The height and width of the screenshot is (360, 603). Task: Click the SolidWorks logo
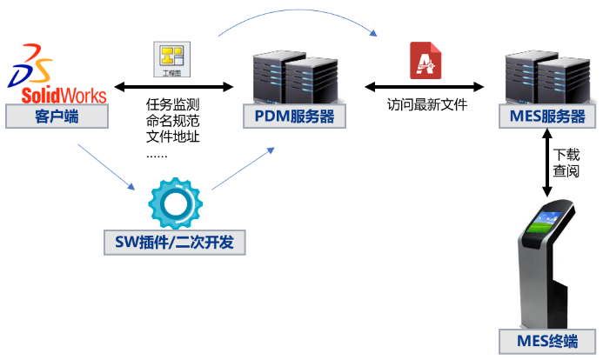pyautogui.click(x=57, y=73)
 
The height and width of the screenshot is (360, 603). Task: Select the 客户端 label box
pyautogui.click(x=57, y=117)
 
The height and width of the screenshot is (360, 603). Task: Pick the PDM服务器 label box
pyautogui.click(x=294, y=117)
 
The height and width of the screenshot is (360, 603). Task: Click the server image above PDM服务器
pyautogui.click(x=294, y=77)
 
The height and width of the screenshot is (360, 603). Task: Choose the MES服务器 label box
pyautogui.click(x=547, y=117)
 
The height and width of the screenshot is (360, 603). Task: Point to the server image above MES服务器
pyautogui.click(x=547, y=77)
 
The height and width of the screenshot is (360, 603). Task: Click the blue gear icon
pyautogui.click(x=175, y=203)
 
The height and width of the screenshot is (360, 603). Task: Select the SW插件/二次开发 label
pyautogui.click(x=174, y=243)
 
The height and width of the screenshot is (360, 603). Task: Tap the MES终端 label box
pyautogui.click(x=547, y=341)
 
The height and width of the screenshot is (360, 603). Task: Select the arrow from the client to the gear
pyautogui.click(x=106, y=167)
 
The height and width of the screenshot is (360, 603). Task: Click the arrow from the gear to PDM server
pyautogui.click(x=243, y=169)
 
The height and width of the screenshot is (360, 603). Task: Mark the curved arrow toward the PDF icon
pyautogui.click(x=296, y=15)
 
